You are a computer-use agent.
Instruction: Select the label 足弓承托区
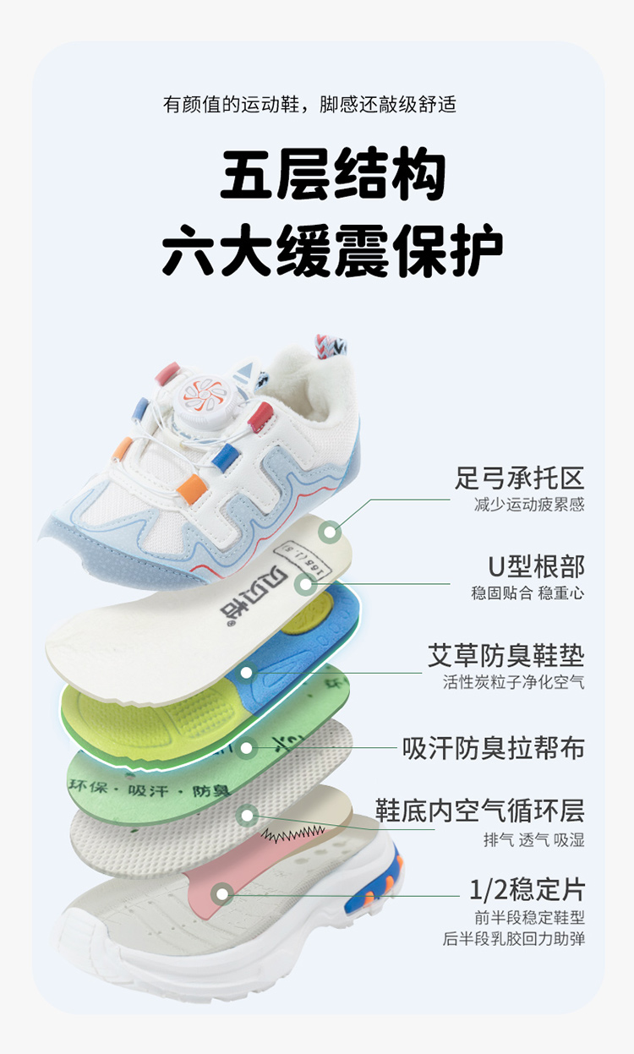click(x=519, y=478)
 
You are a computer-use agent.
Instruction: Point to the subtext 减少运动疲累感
click(x=529, y=505)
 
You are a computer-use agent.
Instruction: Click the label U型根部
click(x=536, y=565)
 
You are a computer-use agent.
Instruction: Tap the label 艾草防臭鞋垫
click(x=506, y=656)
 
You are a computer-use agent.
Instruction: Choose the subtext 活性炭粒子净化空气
click(x=513, y=682)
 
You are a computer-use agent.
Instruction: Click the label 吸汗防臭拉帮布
click(x=493, y=748)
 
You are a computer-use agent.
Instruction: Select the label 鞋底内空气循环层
click(x=480, y=811)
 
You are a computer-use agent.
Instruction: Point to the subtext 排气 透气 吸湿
click(x=533, y=839)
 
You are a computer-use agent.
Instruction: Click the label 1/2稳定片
click(x=527, y=889)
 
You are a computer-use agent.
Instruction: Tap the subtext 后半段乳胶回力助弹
click(x=513, y=938)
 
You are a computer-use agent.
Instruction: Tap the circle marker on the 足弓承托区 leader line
click(x=330, y=532)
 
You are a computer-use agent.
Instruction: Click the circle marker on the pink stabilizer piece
click(x=222, y=893)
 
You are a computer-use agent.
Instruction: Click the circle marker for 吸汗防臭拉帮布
click(x=247, y=747)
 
